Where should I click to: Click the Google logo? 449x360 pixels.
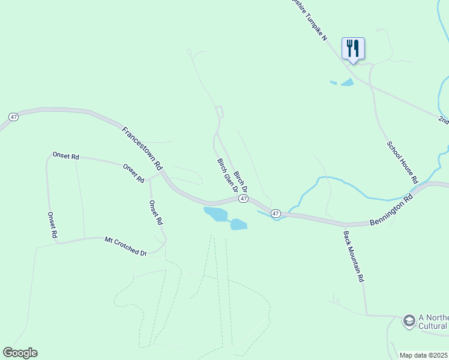click(20, 353)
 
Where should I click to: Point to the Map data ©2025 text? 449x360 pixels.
click(424, 355)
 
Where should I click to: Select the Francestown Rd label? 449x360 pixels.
click(142, 147)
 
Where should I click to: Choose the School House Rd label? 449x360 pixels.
click(402, 162)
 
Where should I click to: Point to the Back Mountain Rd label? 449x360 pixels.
click(354, 257)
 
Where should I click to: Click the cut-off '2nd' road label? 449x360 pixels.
click(443, 120)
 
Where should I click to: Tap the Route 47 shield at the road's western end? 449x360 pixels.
click(14, 116)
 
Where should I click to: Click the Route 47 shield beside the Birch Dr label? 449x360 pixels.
click(243, 198)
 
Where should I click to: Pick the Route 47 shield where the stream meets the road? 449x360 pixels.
click(276, 213)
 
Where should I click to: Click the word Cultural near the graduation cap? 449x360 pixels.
click(433, 326)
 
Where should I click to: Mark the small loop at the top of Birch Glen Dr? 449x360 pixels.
click(220, 111)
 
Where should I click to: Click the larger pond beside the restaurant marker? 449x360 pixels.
click(347, 82)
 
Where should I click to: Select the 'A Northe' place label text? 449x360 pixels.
click(433, 317)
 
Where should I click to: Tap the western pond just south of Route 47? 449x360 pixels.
click(214, 214)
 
